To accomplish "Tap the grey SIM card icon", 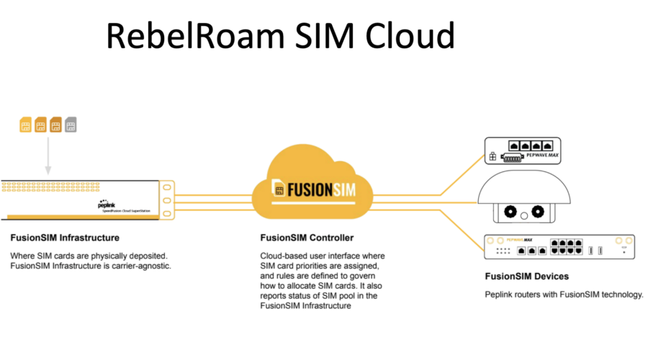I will click(x=71, y=125).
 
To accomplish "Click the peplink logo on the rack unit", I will click(x=107, y=204).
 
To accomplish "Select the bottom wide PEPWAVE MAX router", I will click(x=559, y=246).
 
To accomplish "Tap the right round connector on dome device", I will click(x=536, y=212).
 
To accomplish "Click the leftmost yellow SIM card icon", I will click(x=25, y=125).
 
